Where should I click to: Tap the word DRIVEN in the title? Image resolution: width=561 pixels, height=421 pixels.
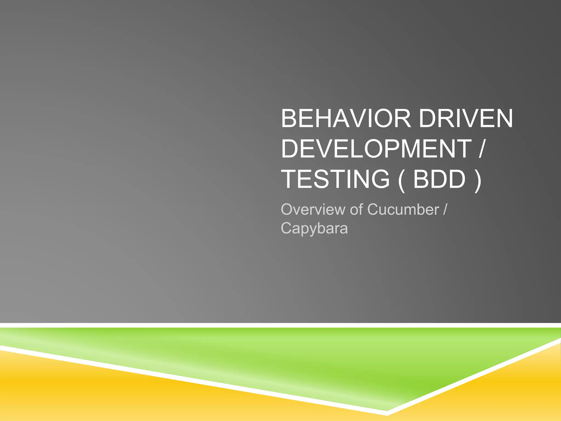tap(466, 119)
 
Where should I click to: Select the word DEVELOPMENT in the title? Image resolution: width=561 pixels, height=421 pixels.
tap(376, 149)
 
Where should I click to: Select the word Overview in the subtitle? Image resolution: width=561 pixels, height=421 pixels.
tap(313, 210)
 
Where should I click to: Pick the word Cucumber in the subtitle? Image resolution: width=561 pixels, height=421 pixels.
tap(403, 210)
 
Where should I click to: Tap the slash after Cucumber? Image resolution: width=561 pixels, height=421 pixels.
tap(445, 210)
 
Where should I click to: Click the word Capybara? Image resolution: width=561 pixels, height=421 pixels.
tap(314, 228)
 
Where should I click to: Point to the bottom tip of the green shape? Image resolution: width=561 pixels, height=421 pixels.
tap(387, 410)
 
